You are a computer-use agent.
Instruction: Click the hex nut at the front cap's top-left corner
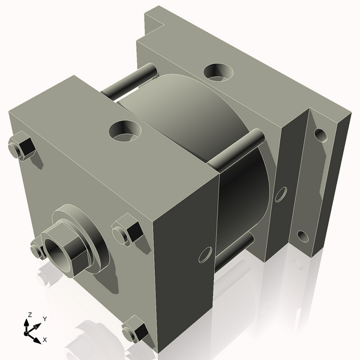[x=20, y=146]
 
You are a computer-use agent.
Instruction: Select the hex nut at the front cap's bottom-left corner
[x=38, y=248]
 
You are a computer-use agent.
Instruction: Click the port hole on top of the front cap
[x=125, y=129]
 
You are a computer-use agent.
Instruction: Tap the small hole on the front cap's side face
[x=205, y=255]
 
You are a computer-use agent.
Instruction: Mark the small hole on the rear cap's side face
[x=280, y=194]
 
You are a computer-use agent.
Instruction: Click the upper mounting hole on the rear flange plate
[x=320, y=134]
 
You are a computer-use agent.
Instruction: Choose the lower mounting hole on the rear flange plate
[x=303, y=236]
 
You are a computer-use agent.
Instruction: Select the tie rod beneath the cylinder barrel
[x=234, y=249]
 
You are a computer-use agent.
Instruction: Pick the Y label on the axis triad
[x=45, y=319]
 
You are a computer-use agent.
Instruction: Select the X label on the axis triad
[x=45, y=340]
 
